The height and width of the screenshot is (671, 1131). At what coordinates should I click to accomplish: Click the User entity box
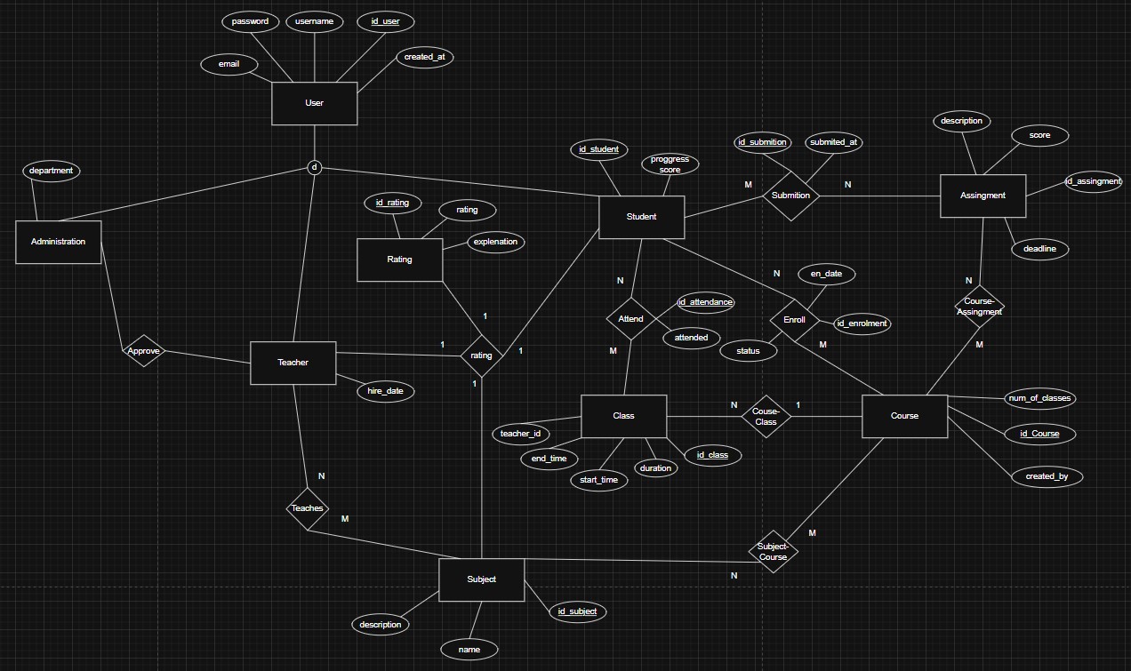click(x=314, y=103)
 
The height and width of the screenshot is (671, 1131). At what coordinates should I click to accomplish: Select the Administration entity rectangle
click(x=58, y=242)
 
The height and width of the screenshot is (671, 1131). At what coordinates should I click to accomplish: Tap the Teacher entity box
click(x=293, y=363)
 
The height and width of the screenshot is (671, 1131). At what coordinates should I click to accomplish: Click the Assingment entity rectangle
click(x=983, y=196)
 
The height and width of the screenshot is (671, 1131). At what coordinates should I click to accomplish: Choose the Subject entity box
click(x=481, y=579)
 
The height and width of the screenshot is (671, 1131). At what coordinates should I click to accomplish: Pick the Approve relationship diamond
click(x=143, y=351)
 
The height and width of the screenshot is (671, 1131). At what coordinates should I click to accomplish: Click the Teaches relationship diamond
click(x=307, y=508)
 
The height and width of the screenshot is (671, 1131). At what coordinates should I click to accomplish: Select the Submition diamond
click(x=790, y=196)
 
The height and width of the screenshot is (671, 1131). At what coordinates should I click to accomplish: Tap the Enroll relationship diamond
click(x=794, y=320)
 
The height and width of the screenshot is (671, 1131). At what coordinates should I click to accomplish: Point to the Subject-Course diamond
click(x=773, y=551)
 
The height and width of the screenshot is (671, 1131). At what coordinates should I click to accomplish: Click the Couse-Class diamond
click(x=766, y=416)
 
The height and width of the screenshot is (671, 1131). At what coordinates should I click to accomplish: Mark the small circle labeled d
click(x=314, y=167)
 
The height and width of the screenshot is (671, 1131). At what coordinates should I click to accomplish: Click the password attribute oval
click(x=250, y=21)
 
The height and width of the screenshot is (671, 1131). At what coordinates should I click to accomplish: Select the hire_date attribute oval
click(x=386, y=391)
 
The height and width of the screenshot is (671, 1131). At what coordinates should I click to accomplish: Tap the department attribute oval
click(x=51, y=171)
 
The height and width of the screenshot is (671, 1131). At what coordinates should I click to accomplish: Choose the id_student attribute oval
click(x=598, y=149)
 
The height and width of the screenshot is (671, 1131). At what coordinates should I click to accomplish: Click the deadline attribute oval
click(x=1039, y=249)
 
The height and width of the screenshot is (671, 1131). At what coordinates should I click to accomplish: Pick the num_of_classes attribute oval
click(x=1039, y=398)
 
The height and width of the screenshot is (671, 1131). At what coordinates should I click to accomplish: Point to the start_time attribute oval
click(x=598, y=480)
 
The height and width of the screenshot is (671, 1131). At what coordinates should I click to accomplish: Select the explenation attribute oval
click(x=495, y=242)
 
